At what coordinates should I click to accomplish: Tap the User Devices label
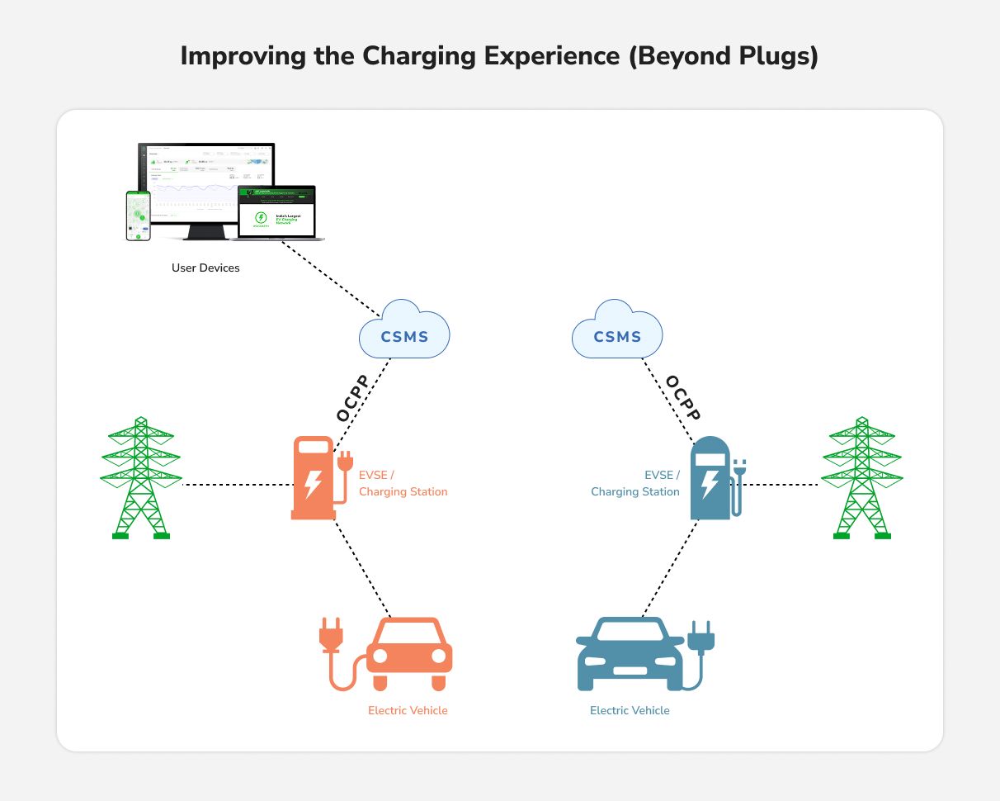(x=205, y=268)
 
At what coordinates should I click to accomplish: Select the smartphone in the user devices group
(x=138, y=216)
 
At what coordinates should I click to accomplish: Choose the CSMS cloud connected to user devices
(x=404, y=335)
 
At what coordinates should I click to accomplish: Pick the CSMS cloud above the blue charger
(x=617, y=335)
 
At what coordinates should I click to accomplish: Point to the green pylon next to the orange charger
(x=140, y=479)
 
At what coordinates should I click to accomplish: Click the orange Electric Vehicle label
(x=408, y=710)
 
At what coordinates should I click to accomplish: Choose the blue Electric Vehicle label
(x=630, y=710)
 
